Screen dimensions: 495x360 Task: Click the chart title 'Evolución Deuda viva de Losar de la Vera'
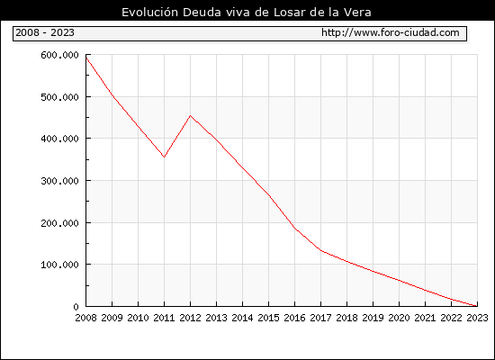[x=247, y=13]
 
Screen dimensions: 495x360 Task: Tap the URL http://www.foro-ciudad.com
[x=391, y=32]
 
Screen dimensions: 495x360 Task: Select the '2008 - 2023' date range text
[x=45, y=32]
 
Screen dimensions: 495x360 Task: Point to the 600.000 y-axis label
[x=59, y=55]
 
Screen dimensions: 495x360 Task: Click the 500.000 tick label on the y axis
[x=59, y=97]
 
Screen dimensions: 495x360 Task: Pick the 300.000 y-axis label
[x=59, y=181]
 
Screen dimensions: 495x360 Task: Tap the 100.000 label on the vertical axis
[x=59, y=265]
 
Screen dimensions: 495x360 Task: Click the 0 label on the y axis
[x=76, y=307]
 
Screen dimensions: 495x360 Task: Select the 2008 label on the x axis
[x=85, y=318]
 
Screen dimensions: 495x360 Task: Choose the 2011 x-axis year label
[x=164, y=318]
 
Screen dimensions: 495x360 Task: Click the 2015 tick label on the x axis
[x=269, y=318]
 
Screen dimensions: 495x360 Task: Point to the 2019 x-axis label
[x=373, y=318]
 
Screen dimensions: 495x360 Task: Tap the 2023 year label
[x=477, y=318]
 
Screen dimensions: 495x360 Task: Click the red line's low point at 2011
[x=164, y=157]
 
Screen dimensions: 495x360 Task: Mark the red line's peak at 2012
[x=190, y=115]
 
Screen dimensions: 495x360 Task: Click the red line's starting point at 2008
[x=86, y=58]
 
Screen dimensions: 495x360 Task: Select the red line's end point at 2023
[x=477, y=306]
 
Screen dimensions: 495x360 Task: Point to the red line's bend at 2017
[x=320, y=250]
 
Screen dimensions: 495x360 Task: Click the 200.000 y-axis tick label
[x=59, y=223]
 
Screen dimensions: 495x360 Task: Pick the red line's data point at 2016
[x=294, y=228]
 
